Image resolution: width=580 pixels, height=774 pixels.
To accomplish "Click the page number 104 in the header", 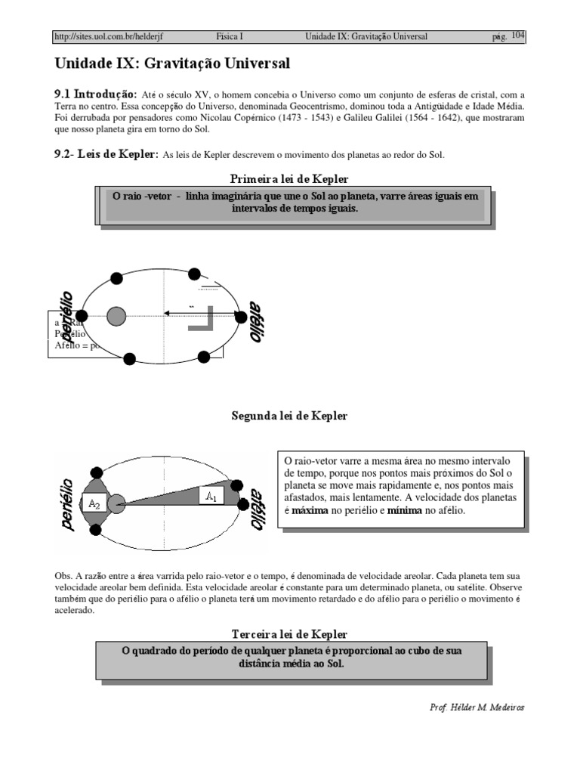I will click(x=518, y=35).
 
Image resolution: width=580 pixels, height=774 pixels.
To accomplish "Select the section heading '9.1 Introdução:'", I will click(x=96, y=94).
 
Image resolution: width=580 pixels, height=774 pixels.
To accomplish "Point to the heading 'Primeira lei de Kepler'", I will click(x=289, y=179).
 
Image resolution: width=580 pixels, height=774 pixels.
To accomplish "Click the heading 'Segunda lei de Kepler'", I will click(x=289, y=416).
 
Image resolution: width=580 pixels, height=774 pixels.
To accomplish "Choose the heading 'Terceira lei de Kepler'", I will click(x=289, y=634).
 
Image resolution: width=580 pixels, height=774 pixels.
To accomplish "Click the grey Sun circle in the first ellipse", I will click(x=116, y=315).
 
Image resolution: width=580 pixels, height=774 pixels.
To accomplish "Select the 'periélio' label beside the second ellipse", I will click(x=68, y=504).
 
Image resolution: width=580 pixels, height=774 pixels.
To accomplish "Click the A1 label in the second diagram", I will click(x=211, y=497).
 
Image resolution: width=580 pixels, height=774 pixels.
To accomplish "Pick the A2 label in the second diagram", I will click(x=94, y=503).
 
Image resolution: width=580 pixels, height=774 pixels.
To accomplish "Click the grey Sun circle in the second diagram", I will click(x=116, y=503).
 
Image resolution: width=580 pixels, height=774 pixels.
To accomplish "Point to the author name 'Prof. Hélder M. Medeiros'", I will click(x=476, y=707).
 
